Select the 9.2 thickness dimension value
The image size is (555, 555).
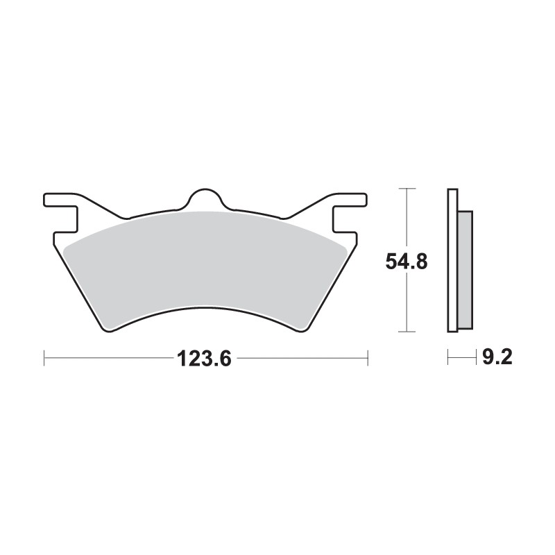497,358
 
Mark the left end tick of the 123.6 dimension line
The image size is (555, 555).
44,359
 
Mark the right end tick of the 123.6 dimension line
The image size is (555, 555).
367,359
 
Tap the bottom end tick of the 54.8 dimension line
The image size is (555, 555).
407,332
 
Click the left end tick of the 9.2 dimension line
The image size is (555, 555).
448,358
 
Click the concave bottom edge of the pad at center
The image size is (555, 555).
206,309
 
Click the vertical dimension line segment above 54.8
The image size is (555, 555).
407,219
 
